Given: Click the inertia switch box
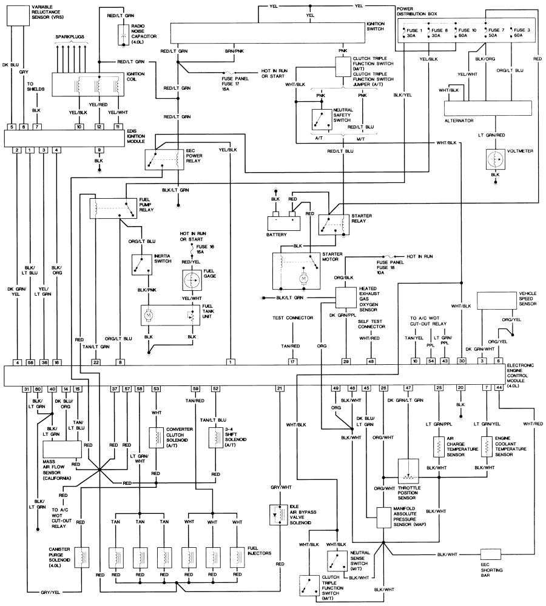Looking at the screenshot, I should click(141, 264).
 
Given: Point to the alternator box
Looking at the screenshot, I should click(479, 108).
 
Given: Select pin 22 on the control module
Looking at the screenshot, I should click(96, 362).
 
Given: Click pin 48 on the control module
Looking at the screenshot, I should click(371, 362).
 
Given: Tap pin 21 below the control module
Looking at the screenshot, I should click(280, 388).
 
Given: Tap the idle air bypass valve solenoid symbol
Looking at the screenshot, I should click(280, 514).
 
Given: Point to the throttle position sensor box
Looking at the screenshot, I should click(410, 470).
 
